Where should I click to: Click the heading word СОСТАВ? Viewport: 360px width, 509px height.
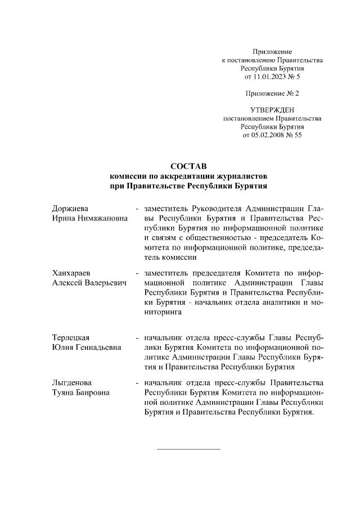(188, 166)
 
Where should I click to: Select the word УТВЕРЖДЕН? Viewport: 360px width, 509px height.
(272, 110)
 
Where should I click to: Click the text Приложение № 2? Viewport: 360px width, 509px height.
(272, 93)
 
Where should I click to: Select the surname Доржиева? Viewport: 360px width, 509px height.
(70, 209)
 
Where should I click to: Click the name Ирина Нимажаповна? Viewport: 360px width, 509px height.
(89, 218)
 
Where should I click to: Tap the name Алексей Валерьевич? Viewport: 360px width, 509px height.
(89, 282)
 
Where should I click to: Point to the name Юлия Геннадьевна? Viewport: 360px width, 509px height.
(86, 347)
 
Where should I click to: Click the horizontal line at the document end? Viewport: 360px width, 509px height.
(188, 449)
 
